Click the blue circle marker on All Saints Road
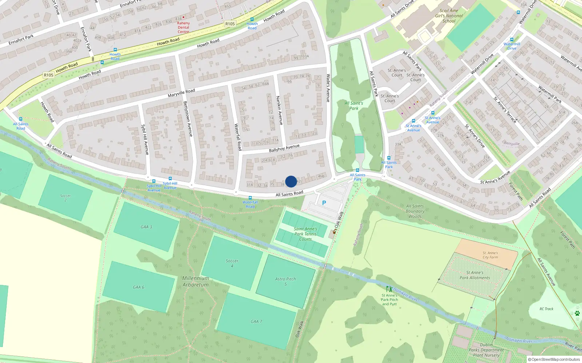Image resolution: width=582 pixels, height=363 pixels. pyautogui.click(x=291, y=181)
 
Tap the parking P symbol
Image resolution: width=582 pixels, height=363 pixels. pyautogui.click(x=324, y=203)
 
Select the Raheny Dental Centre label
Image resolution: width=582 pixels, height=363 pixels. pyautogui.click(x=183, y=27)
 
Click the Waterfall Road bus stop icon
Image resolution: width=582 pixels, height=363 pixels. pyautogui.click(x=250, y=198)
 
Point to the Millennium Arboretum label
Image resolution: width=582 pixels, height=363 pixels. pyautogui.click(x=196, y=281)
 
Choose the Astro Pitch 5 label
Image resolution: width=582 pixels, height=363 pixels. pyautogui.click(x=286, y=281)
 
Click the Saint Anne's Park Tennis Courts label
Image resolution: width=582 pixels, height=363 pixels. pyautogui.click(x=306, y=234)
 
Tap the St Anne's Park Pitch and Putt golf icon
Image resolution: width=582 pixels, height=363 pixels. pyautogui.click(x=389, y=289)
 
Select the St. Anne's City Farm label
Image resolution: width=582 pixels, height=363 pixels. pyautogui.click(x=490, y=255)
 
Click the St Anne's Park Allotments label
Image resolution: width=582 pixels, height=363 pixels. pyautogui.click(x=475, y=275)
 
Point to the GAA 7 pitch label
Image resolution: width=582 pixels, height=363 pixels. pyautogui.click(x=256, y=321)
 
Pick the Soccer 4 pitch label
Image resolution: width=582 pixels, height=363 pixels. pyautogui.click(x=232, y=263)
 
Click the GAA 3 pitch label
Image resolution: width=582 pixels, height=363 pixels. pyautogui.click(x=146, y=227)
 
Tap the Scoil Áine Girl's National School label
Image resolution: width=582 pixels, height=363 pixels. pyautogui.click(x=449, y=16)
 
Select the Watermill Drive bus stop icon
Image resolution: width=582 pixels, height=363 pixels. pyautogui.click(x=512, y=40)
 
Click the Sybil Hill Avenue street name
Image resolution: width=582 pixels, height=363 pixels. pyautogui.click(x=145, y=140)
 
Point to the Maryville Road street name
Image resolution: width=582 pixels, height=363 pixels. pyautogui.click(x=181, y=93)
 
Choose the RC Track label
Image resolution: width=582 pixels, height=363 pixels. pyautogui.click(x=546, y=309)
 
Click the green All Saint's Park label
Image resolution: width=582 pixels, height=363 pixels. pyautogui.click(x=354, y=106)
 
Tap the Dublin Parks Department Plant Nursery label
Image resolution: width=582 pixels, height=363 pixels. pyautogui.click(x=486, y=350)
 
